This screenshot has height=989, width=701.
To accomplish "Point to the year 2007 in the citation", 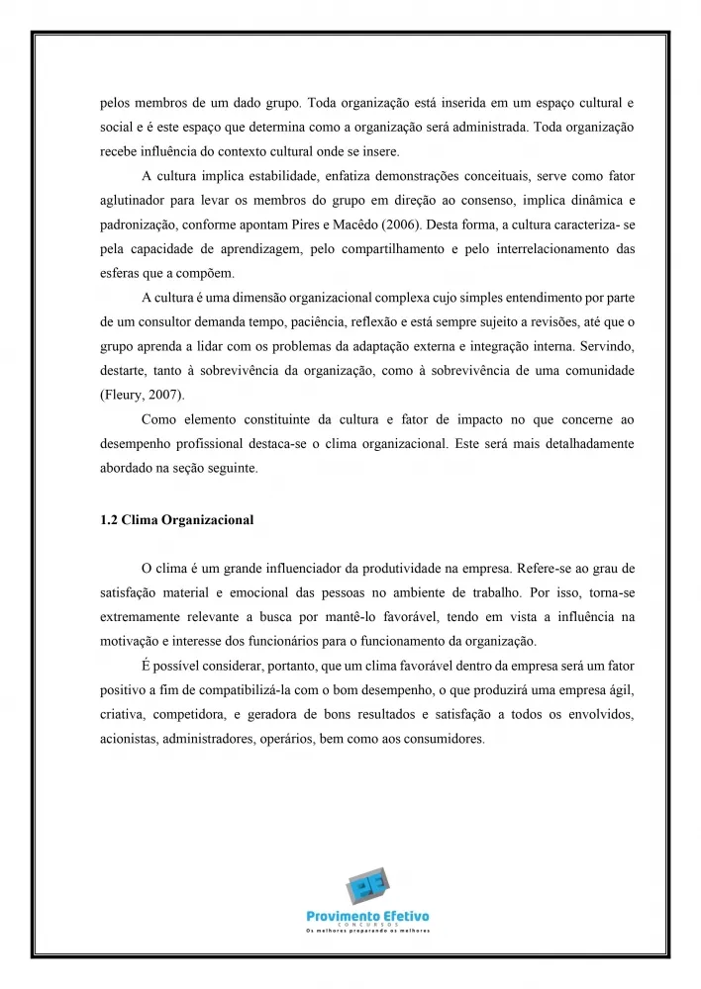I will point(164,395).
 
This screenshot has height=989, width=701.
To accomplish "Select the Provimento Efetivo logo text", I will point(367,917).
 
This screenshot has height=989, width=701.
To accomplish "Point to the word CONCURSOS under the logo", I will point(367,926).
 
